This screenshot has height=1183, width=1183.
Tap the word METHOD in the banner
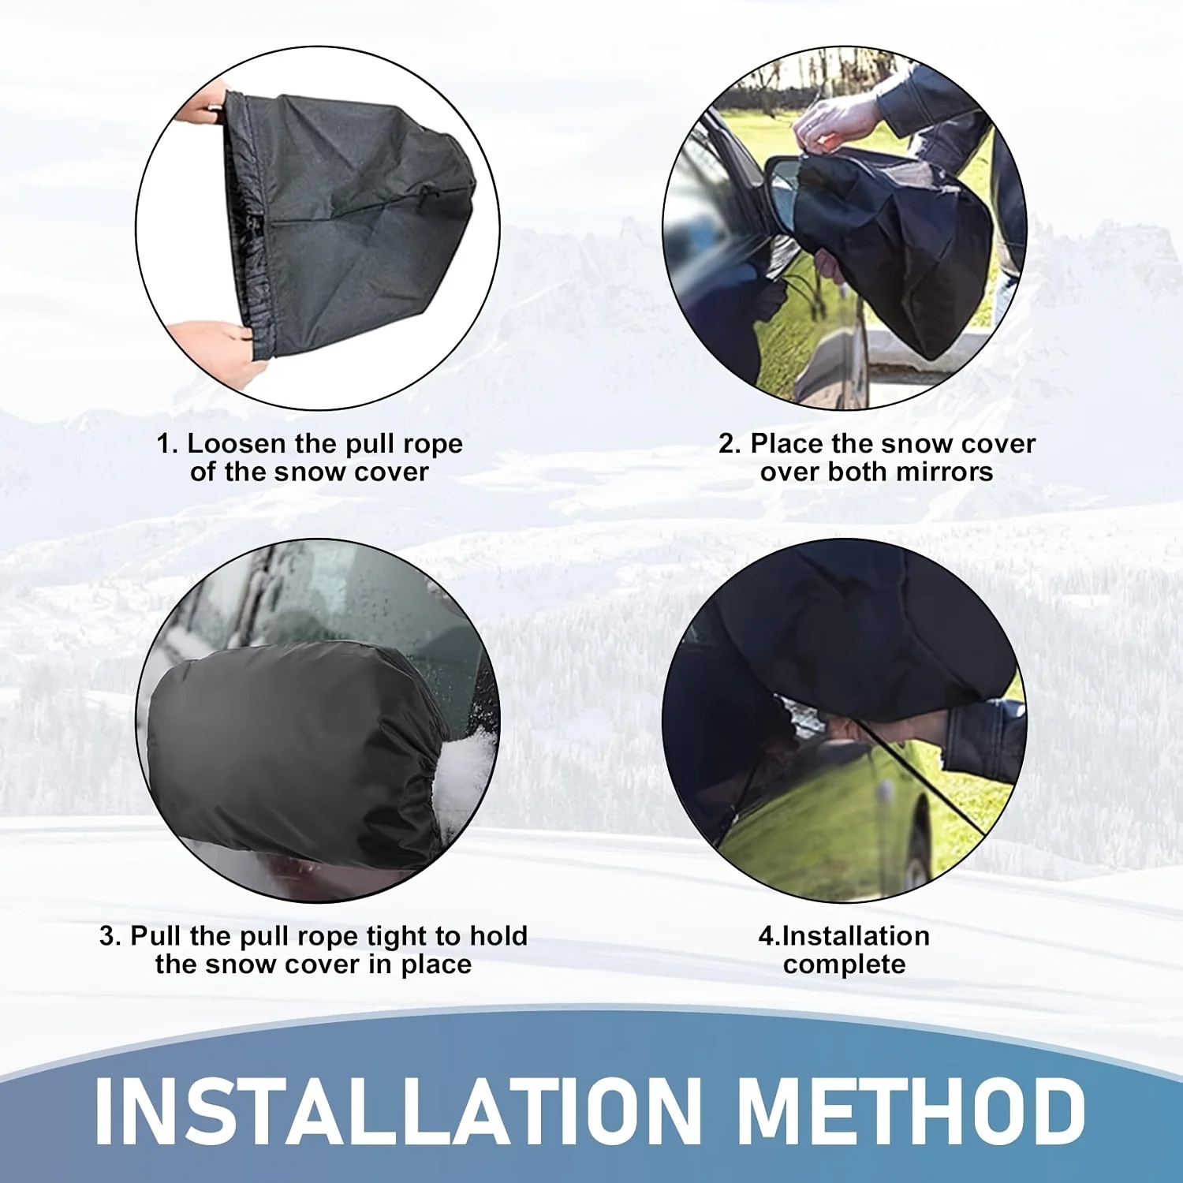(913, 1110)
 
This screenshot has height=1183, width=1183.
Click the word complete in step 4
(844, 965)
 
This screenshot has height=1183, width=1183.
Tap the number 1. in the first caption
(167, 444)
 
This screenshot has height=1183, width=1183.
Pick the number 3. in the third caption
(110, 936)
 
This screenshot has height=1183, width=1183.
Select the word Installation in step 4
(855, 936)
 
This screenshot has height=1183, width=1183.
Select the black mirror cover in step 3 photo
(292, 749)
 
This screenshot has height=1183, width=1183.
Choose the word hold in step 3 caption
(498, 936)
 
